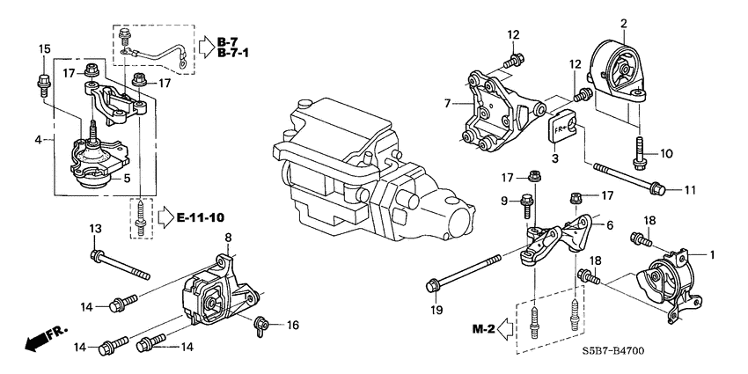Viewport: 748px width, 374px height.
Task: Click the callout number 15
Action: pyautogui.click(x=45, y=48)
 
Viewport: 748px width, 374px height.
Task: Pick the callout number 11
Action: pyautogui.click(x=689, y=190)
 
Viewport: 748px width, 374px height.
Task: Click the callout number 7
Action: pyautogui.click(x=446, y=105)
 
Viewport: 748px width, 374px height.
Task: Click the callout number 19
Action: pyautogui.click(x=435, y=310)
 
